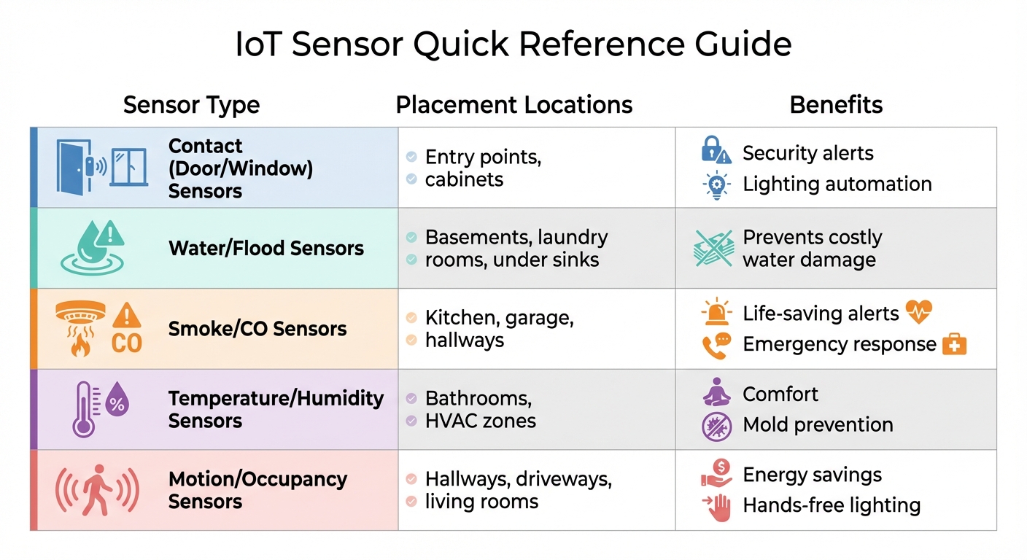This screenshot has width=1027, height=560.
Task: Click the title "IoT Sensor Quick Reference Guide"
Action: pos(513,45)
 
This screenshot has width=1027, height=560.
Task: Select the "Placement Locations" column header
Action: pos(513,105)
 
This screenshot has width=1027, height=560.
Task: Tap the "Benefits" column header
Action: pos(836,105)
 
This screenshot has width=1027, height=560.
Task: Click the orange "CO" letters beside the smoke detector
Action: pos(126,343)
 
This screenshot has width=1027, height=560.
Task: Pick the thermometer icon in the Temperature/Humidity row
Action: pos(83,408)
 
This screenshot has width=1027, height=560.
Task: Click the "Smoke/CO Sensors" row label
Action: pos(257,329)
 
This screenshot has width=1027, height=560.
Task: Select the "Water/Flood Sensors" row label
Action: pos(266,248)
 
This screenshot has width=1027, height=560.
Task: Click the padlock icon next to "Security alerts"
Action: pos(713,150)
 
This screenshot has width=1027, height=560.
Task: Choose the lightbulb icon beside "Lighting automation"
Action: pos(716,184)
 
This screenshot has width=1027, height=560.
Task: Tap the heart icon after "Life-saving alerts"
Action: pos(918,313)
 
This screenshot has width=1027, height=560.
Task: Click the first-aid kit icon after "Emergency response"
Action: pos(954,344)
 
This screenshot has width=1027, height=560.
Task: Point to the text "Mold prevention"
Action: pos(818,424)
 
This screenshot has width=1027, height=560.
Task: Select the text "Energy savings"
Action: pos(812,475)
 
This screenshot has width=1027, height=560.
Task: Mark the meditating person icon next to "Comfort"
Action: pos(716,393)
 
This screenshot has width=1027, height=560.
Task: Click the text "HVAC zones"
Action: pos(481,421)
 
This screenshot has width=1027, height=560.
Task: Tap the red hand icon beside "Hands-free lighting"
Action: pos(718,507)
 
